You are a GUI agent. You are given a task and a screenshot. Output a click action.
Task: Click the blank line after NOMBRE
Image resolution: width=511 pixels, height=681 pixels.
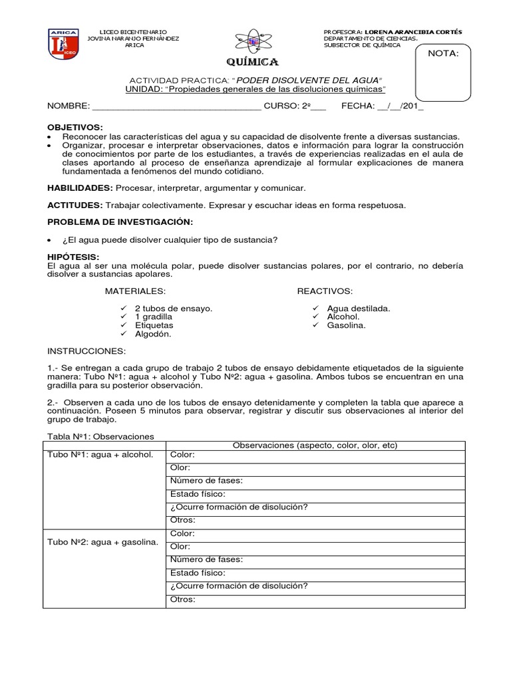pyautogui.click(x=176, y=106)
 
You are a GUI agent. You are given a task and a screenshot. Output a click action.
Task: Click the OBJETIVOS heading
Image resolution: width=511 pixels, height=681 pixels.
pyautogui.click(x=75, y=126)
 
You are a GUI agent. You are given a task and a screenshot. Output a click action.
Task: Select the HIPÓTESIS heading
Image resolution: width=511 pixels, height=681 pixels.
pyautogui.click(x=73, y=257)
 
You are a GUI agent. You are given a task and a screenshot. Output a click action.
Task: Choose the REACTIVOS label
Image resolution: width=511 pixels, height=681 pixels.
pyautogui.click(x=325, y=291)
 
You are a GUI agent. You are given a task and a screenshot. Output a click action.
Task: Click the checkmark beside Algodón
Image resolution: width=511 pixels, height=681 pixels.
pyautogui.click(x=123, y=335)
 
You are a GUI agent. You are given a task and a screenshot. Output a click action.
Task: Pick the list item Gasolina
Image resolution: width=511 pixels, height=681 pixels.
pyautogui.click(x=346, y=326)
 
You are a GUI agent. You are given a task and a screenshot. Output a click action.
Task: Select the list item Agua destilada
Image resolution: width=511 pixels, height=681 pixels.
pyautogui.click(x=359, y=309)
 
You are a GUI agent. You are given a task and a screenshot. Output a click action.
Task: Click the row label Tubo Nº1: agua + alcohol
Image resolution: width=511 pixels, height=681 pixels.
pyautogui.click(x=100, y=455)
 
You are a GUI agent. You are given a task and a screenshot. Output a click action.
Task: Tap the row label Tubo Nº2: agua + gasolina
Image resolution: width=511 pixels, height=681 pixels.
pyautogui.click(x=102, y=542)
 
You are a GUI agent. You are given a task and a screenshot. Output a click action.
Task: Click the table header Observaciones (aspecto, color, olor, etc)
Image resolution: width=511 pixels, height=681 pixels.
pyautogui.click(x=314, y=445)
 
